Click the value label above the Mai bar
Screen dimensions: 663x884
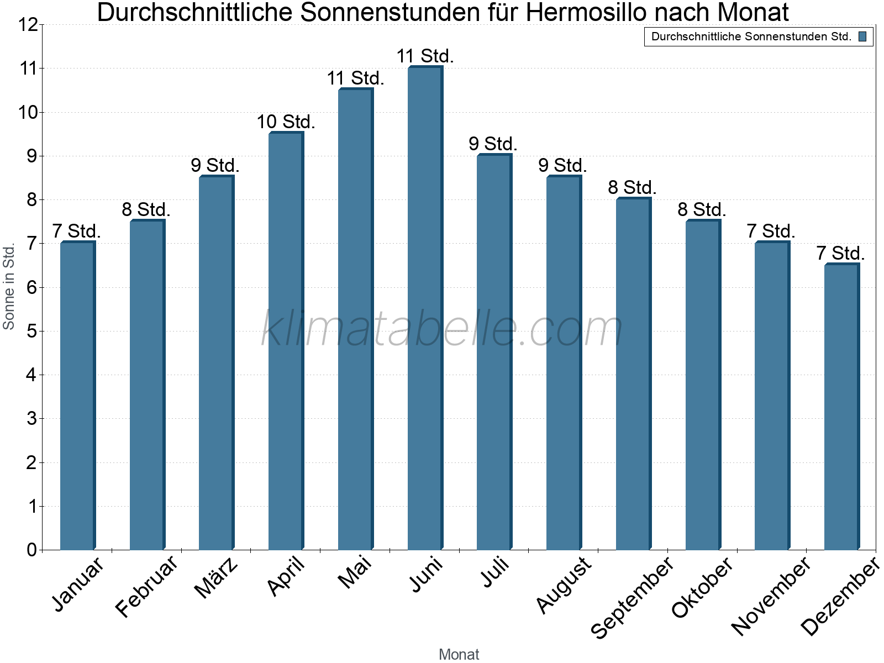[x=355, y=78]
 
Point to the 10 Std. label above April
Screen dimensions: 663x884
[x=286, y=122]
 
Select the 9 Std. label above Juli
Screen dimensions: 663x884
[x=493, y=144]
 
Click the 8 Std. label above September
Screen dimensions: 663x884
[x=632, y=188]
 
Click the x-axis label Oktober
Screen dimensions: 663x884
[x=702, y=587]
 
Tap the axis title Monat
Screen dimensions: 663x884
[x=459, y=655]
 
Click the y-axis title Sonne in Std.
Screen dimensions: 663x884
[x=9, y=287]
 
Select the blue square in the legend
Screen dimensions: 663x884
[x=862, y=37]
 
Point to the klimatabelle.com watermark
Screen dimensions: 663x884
[x=442, y=329]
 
